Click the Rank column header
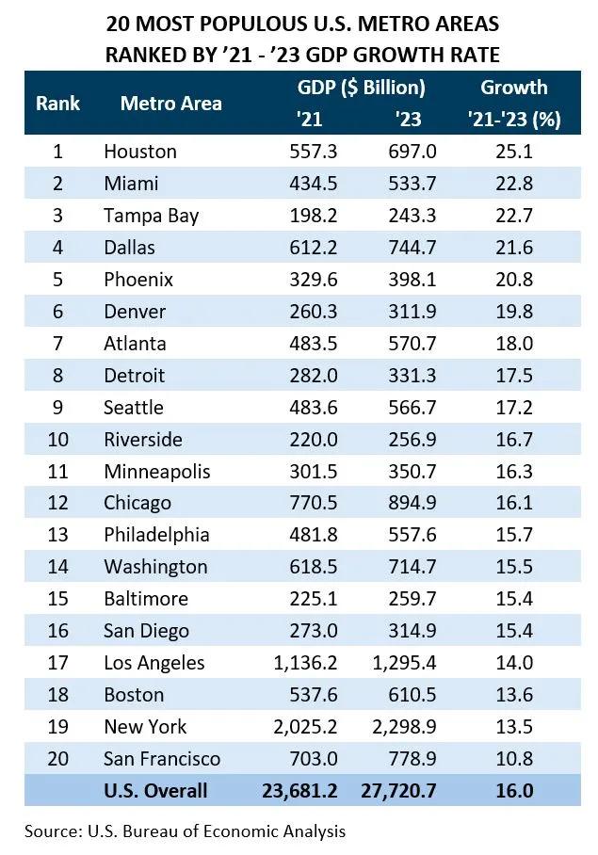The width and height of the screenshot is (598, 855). (57, 103)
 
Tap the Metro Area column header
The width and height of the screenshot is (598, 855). (170, 103)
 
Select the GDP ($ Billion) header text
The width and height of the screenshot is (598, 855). (361, 88)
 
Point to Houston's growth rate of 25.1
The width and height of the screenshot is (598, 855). (513, 152)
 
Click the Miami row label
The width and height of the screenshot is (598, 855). (131, 184)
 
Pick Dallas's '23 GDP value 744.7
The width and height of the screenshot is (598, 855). (412, 248)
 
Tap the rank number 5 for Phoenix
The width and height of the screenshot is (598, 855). (57, 280)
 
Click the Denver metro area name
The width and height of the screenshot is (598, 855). (134, 312)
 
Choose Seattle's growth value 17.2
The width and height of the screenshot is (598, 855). (513, 408)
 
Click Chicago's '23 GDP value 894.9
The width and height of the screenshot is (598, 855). (412, 504)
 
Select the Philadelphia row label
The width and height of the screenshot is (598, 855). (156, 535)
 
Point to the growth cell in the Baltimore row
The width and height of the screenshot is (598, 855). (513, 599)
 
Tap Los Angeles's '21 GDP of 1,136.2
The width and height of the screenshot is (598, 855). (302, 663)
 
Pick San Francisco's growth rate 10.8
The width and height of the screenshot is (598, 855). (513, 759)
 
